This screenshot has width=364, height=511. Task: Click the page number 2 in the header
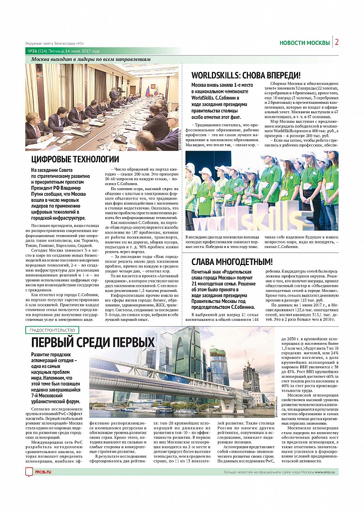[337, 42]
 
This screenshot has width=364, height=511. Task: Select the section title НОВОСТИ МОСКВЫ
[304, 42]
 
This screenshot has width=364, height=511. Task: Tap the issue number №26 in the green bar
[33, 51]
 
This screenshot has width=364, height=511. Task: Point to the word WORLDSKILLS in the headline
[219, 75]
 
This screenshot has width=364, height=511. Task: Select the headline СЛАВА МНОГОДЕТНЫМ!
[233, 262]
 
